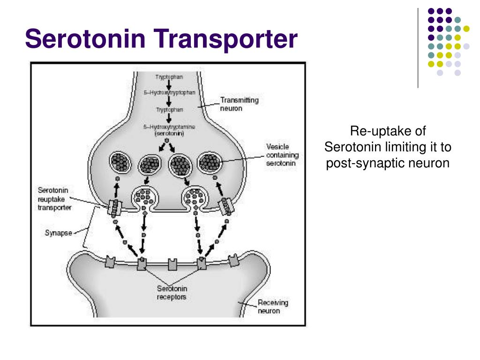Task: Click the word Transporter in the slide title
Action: [225, 39]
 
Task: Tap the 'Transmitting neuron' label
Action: [239, 104]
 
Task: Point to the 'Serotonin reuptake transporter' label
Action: [54, 198]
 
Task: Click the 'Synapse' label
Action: [58, 232]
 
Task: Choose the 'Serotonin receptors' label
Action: [172, 292]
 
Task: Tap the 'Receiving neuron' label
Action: [273, 307]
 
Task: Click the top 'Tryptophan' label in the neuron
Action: [169, 76]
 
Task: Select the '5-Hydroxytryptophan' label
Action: [169, 92]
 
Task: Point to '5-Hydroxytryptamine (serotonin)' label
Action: [169, 130]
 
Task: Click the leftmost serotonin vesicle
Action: [121, 163]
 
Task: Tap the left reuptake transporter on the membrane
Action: [113, 207]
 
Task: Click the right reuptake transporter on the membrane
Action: [225, 206]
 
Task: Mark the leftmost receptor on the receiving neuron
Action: [111, 261]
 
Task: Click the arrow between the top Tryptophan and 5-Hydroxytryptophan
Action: [169, 84]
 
